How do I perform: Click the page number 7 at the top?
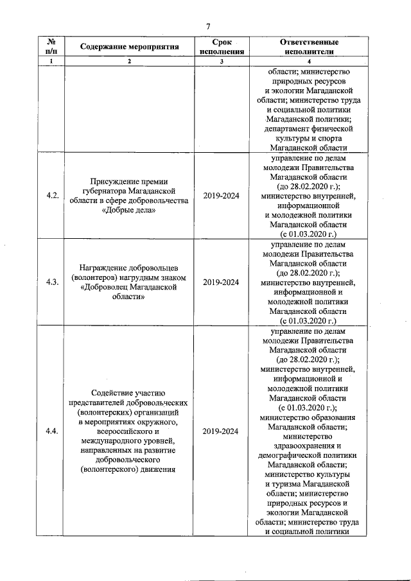coord(207,26)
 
